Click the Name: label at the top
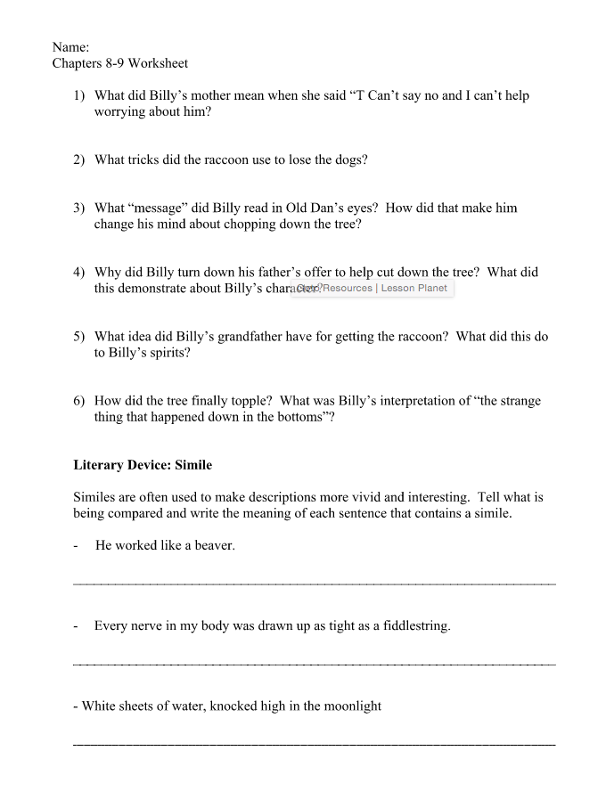coord(70,46)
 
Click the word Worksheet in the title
coord(158,63)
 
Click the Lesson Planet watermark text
coord(414,289)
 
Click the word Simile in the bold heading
coord(193,465)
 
